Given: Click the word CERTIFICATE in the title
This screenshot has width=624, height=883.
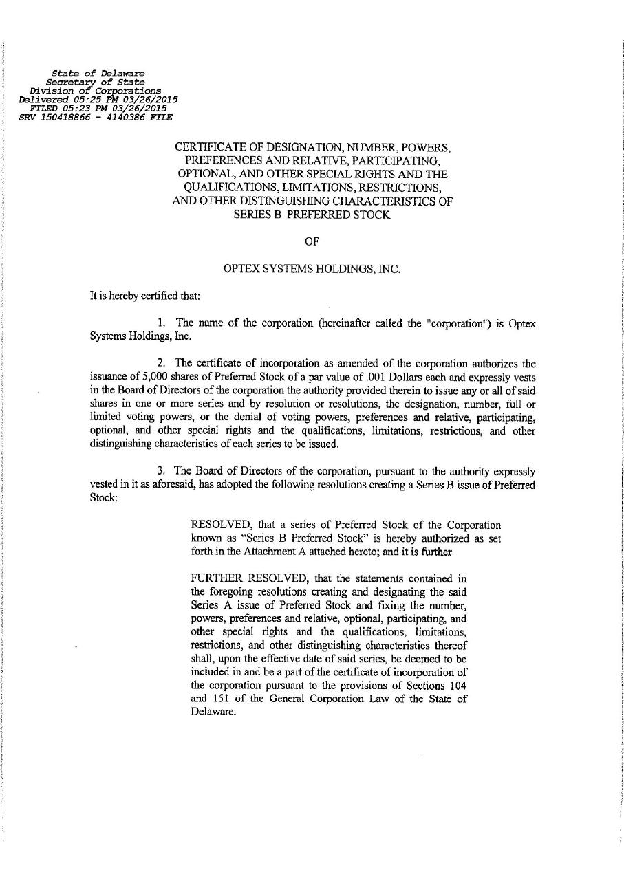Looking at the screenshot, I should pos(207,148).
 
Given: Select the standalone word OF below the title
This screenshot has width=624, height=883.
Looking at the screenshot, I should pos(312,241).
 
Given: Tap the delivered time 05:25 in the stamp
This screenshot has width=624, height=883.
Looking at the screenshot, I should pos(85,99).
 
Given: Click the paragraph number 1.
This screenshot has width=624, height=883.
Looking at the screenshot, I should pos(162,323).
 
